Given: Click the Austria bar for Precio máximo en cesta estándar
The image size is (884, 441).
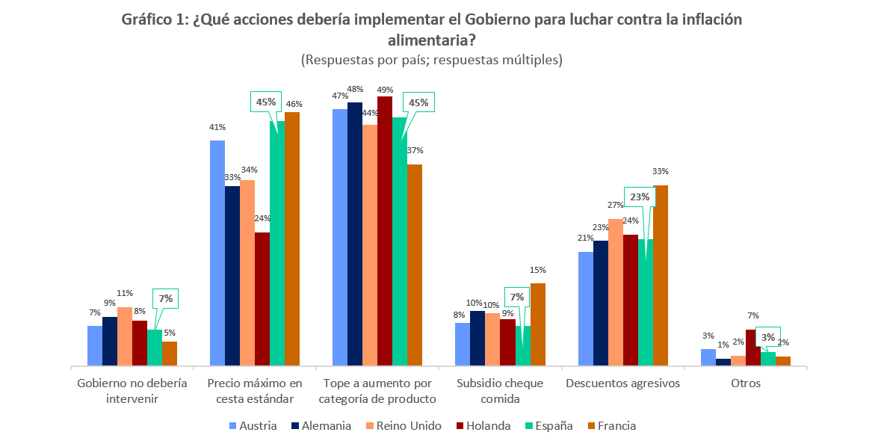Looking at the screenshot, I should coord(217,253).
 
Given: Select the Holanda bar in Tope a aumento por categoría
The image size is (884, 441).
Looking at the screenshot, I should coord(385,231).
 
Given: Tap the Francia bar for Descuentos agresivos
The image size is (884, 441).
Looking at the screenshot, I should coord(661,276).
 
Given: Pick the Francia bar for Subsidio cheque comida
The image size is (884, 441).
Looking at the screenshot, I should coord(538,324).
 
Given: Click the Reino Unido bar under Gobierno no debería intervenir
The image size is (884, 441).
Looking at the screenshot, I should coord(125,336).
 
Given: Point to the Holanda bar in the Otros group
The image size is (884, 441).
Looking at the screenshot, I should coord(753,348).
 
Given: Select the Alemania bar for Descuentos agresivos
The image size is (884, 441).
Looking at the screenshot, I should coord(601,303).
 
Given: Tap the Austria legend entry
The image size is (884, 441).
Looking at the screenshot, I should coord(253,426).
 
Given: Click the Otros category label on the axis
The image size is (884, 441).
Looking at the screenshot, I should coord(746,384).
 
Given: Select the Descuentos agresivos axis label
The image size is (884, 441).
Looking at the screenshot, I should coord(623,384).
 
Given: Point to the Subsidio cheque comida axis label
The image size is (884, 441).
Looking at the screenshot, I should coord(500,391).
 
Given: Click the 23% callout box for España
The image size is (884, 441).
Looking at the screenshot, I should coord(640,197).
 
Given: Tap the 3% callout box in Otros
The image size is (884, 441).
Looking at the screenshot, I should coord(768,337).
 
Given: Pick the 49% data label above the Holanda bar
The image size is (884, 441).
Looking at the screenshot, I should coord(385,88).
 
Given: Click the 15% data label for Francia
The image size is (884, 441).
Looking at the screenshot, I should coord(538,270).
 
